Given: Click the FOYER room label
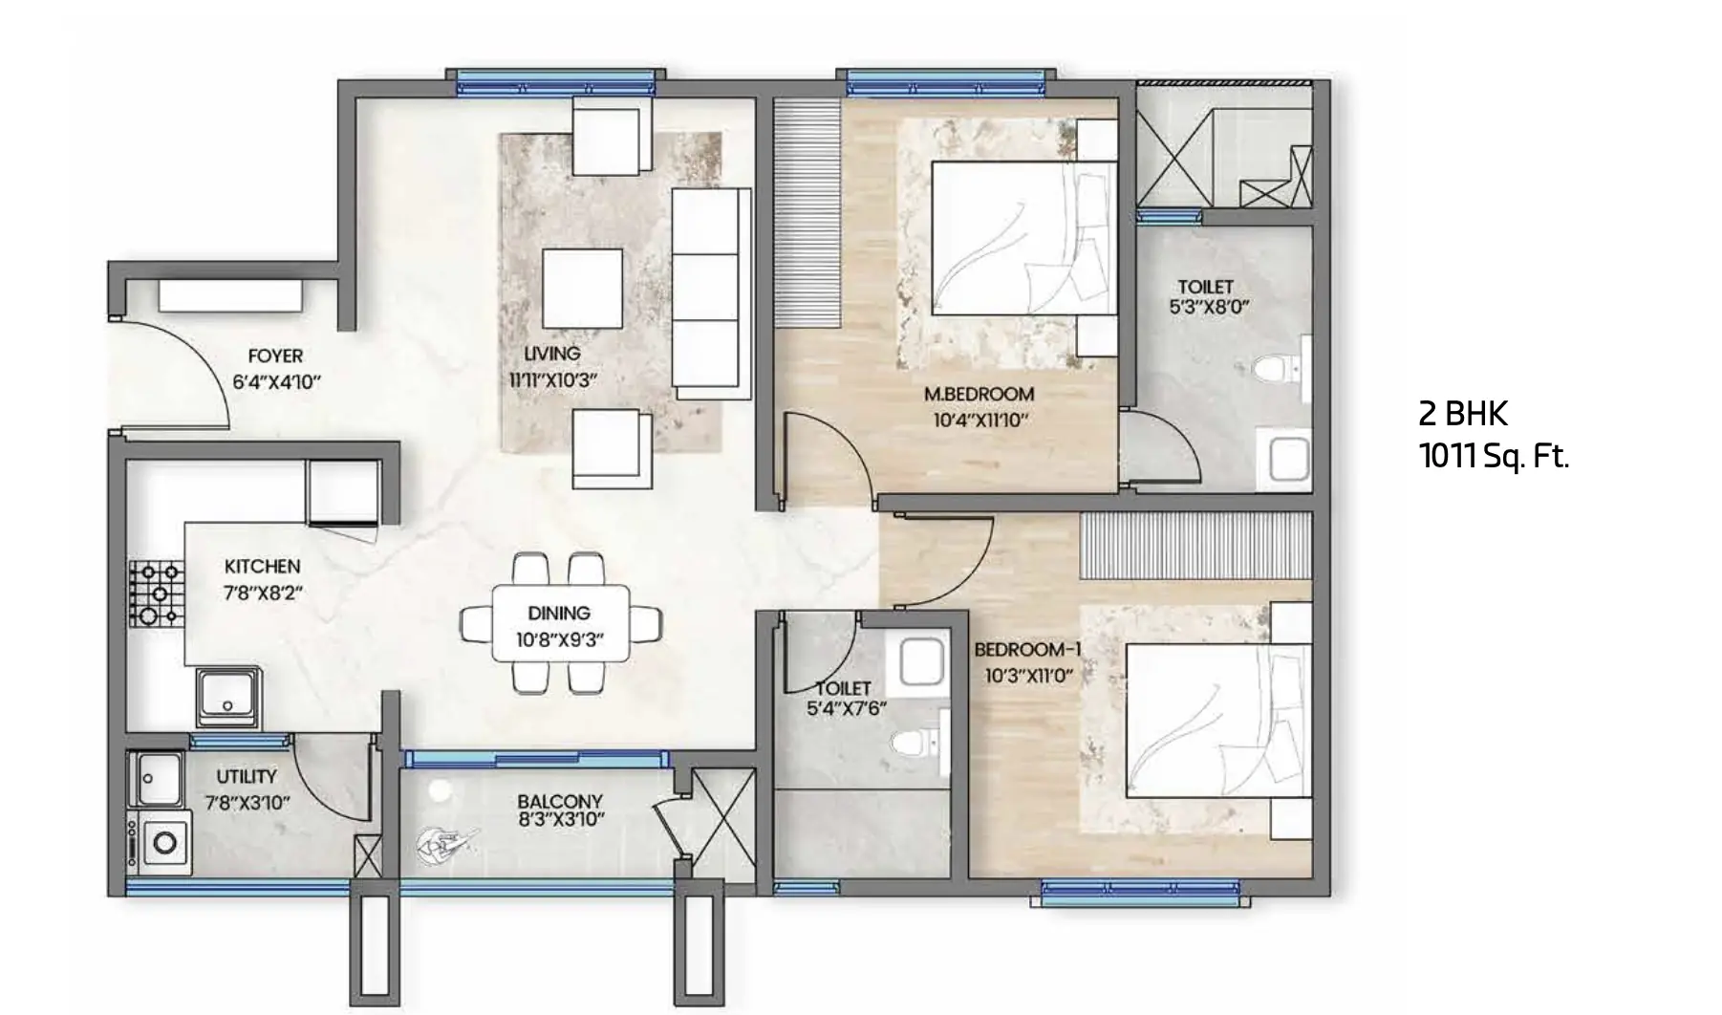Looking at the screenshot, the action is (x=275, y=356).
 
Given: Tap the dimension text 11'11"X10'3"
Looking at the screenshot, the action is (x=552, y=380).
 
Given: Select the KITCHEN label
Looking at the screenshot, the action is (x=262, y=567).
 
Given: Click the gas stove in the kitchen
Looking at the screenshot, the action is (x=156, y=594).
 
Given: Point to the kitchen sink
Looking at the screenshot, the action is (x=228, y=699).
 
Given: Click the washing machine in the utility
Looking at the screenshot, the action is (x=163, y=843).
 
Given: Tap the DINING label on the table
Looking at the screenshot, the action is (x=559, y=614).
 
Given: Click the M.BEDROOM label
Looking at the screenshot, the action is (x=979, y=394).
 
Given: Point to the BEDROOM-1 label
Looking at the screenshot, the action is (x=1028, y=650).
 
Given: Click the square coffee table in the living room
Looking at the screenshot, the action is (x=583, y=289).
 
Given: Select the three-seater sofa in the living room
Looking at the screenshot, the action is (x=711, y=293).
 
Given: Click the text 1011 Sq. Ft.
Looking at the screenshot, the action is (x=1494, y=458).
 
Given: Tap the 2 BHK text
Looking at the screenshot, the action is (x=1463, y=414).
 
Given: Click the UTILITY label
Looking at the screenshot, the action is (x=247, y=777).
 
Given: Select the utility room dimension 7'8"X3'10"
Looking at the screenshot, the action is (x=248, y=803).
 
